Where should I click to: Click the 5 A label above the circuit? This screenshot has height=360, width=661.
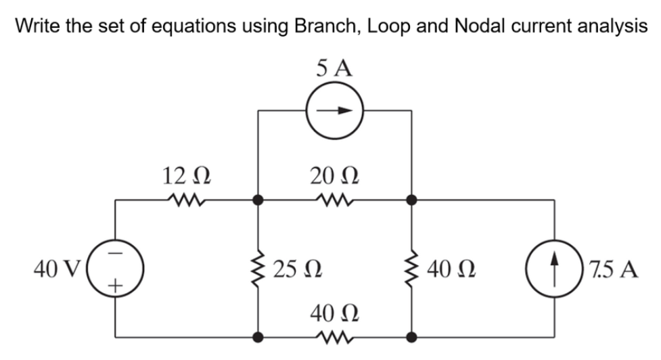click(334, 68)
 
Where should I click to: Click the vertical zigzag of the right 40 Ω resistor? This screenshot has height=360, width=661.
click(412, 269)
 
